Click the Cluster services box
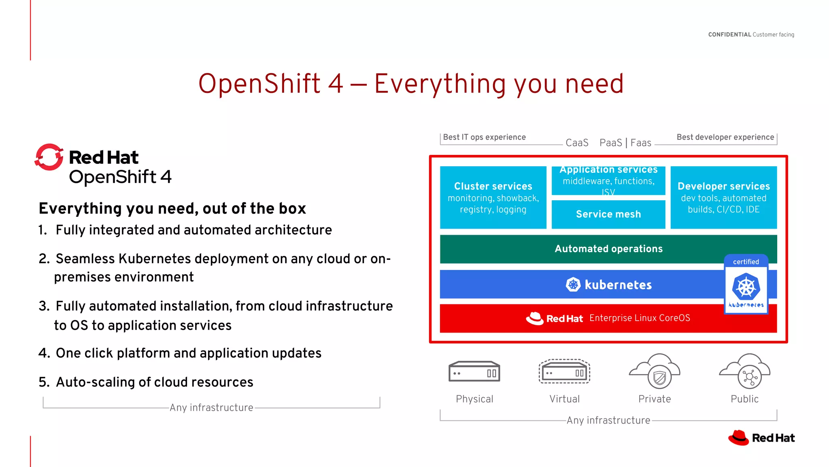(493, 197)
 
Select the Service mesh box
(608, 214)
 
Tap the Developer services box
(723, 197)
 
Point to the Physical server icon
(474, 372)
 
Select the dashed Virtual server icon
(564, 372)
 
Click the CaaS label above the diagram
(577, 143)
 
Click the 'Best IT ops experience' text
(484, 137)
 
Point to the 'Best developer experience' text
(725, 137)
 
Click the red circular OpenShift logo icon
(49, 157)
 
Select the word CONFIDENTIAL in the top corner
(729, 34)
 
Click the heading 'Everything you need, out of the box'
(172, 208)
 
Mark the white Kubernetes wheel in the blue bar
(573, 285)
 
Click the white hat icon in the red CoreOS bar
(535, 318)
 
